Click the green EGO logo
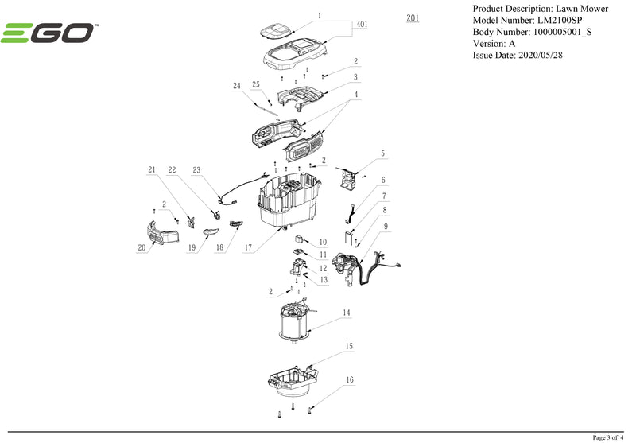[48, 33]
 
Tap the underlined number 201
[412, 17]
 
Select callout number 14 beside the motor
[347, 313]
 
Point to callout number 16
[349, 380]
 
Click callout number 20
[142, 248]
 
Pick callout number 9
[385, 227]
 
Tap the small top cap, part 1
[279, 31]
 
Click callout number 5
[382, 153]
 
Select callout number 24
[236, 85]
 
